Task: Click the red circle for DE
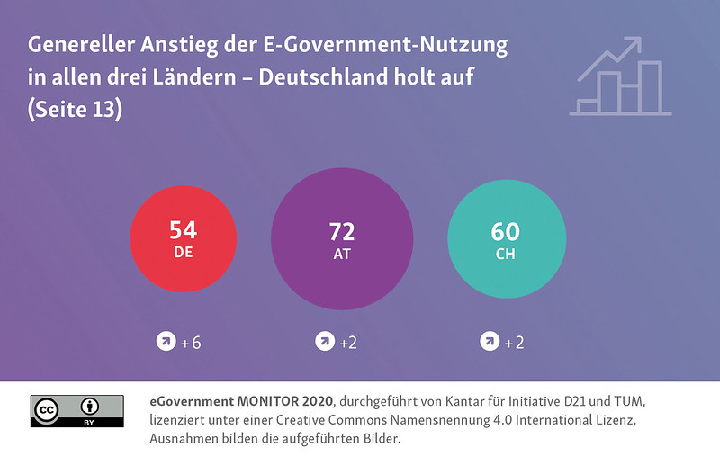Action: [184, 239]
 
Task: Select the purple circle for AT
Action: [342, 239]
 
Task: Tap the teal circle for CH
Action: [507, 239]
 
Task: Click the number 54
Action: [184, 230]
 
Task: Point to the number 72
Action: [342, 230]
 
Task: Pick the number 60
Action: [506, 230]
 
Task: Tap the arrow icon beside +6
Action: [166, 342]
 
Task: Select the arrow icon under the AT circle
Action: [325, 342]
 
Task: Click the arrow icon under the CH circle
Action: [489, 342]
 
